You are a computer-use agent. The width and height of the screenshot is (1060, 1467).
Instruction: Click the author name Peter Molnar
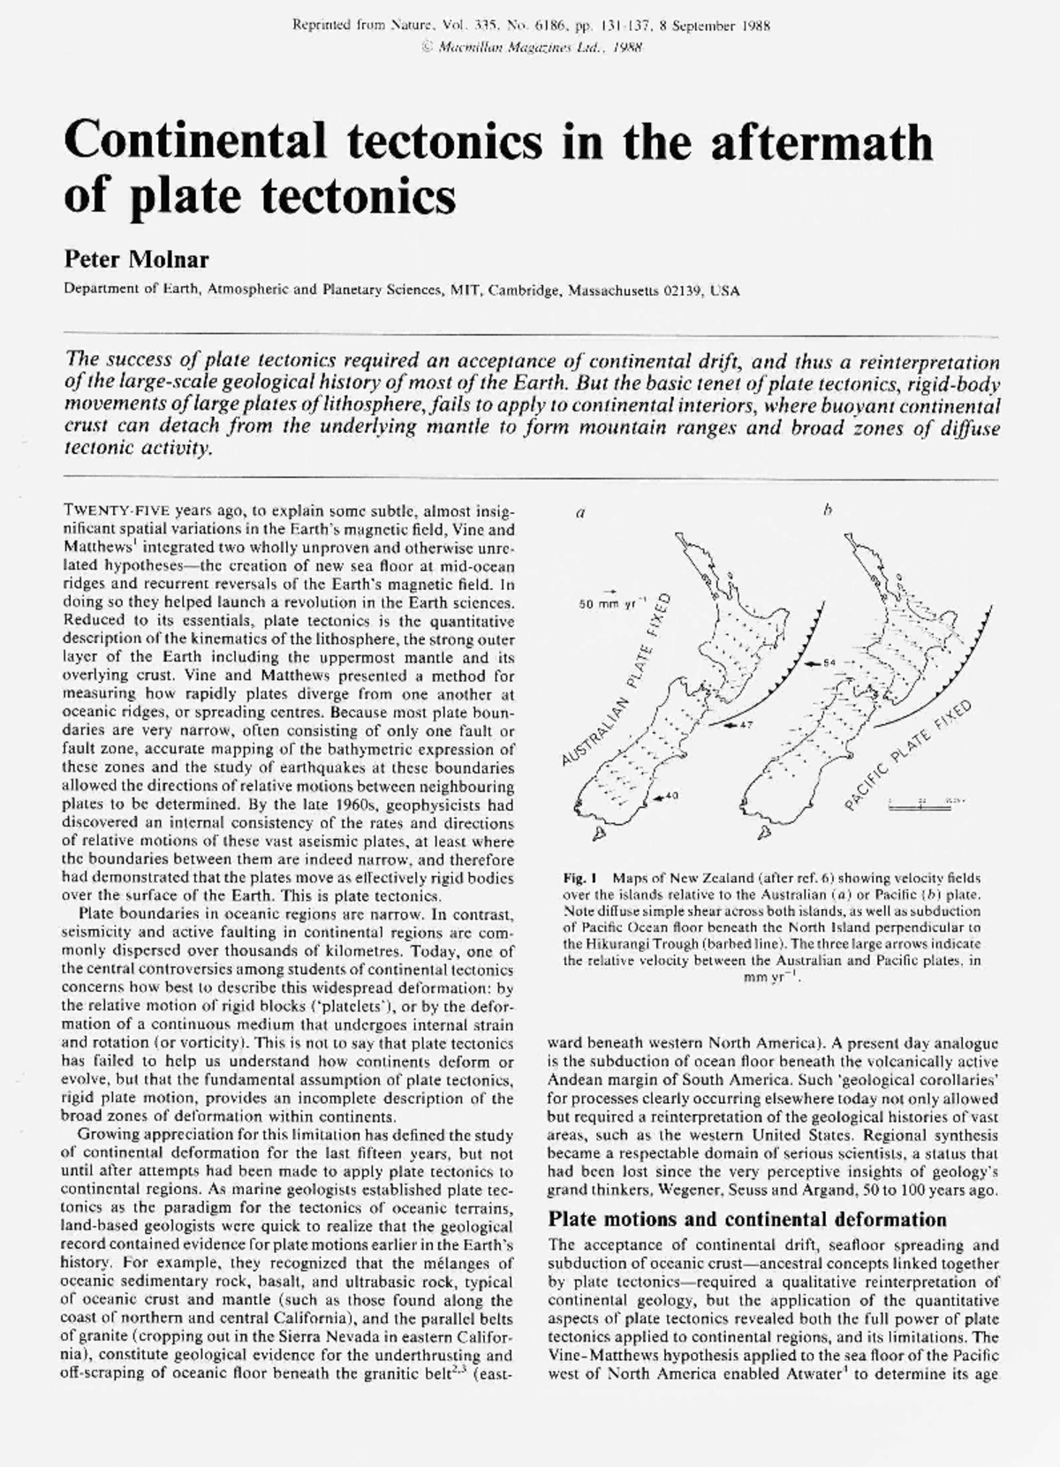(136, 260)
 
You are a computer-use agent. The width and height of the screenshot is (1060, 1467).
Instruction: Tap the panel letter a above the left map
(580, 511)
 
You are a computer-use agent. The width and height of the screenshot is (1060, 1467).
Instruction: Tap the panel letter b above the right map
(827, 510)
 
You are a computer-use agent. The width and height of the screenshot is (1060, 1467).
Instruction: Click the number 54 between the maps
(828, 662)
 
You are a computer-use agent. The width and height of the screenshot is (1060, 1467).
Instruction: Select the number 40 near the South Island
(670, 797)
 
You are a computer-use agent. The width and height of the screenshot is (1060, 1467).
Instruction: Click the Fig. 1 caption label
(581, 879)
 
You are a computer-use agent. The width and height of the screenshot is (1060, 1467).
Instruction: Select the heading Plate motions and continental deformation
(747, 1220)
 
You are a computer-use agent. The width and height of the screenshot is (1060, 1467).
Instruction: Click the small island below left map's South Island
(598, 834)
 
